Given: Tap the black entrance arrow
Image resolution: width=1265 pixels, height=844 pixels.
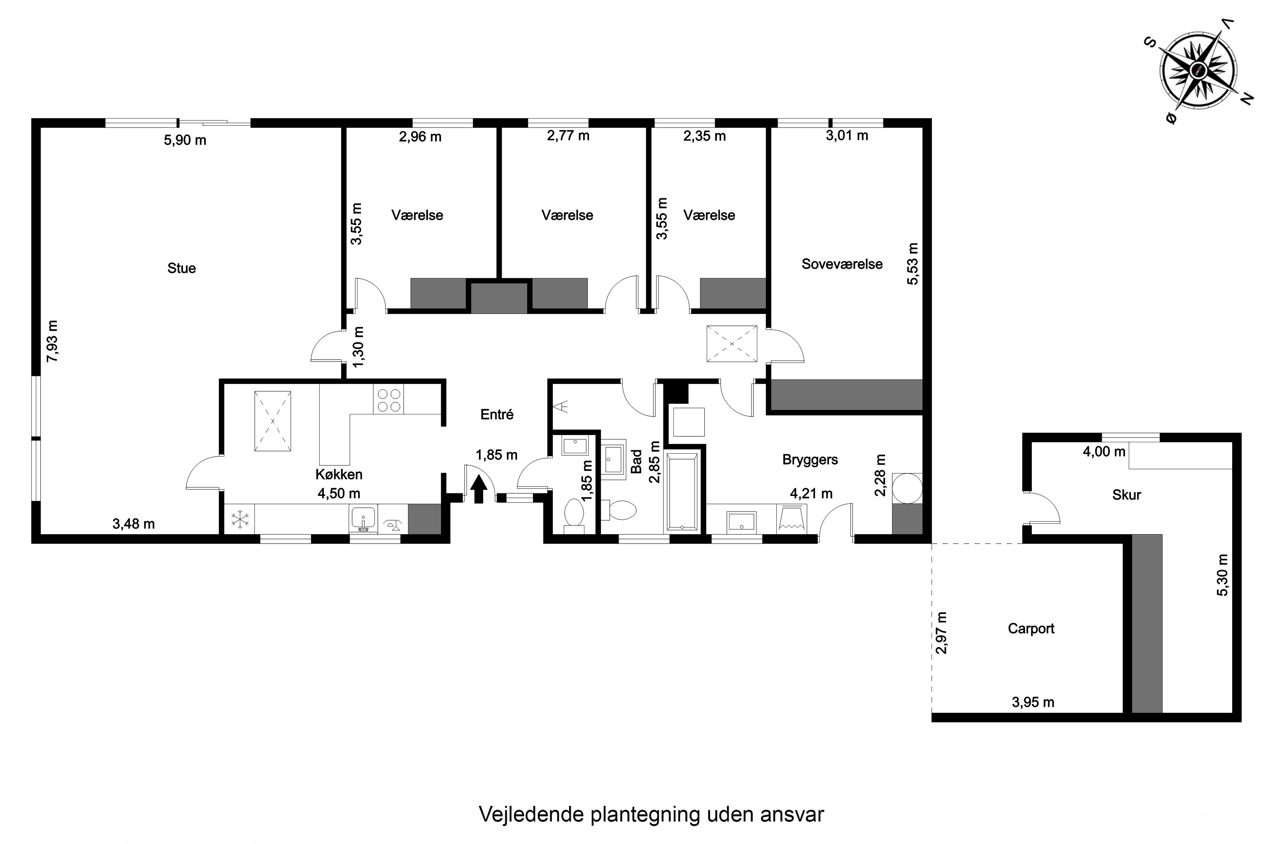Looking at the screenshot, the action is pos(479,489).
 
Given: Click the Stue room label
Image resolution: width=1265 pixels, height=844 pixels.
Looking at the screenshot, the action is pos(181,268).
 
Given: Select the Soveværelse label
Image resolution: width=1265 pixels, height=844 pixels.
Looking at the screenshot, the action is pos(842,264).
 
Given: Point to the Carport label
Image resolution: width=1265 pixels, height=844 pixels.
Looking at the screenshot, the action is pos(1031,629).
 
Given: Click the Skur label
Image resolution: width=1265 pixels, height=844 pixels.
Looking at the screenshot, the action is pos(1126,495).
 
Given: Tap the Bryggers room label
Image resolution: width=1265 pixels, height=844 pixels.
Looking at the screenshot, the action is pos(810,460).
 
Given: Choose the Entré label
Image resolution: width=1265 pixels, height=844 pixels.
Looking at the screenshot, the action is pos(496,414).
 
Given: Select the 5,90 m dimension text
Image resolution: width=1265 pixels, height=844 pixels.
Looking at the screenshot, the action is pos(185,140).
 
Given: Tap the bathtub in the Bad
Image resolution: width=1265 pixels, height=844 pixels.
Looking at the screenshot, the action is pos(682,492).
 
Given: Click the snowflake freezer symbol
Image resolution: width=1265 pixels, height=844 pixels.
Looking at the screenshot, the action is pos(240,519).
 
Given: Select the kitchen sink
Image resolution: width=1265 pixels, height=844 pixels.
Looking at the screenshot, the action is pos(363,519).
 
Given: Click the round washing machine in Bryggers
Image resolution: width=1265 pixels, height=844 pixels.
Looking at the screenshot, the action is pos(907,488).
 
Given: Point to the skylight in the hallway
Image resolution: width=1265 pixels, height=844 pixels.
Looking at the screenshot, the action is pos(732,344).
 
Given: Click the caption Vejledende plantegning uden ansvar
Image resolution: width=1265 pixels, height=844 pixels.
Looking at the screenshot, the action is pos(651,814).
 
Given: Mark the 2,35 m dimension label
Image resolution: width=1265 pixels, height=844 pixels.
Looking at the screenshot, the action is pos(705,136).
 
